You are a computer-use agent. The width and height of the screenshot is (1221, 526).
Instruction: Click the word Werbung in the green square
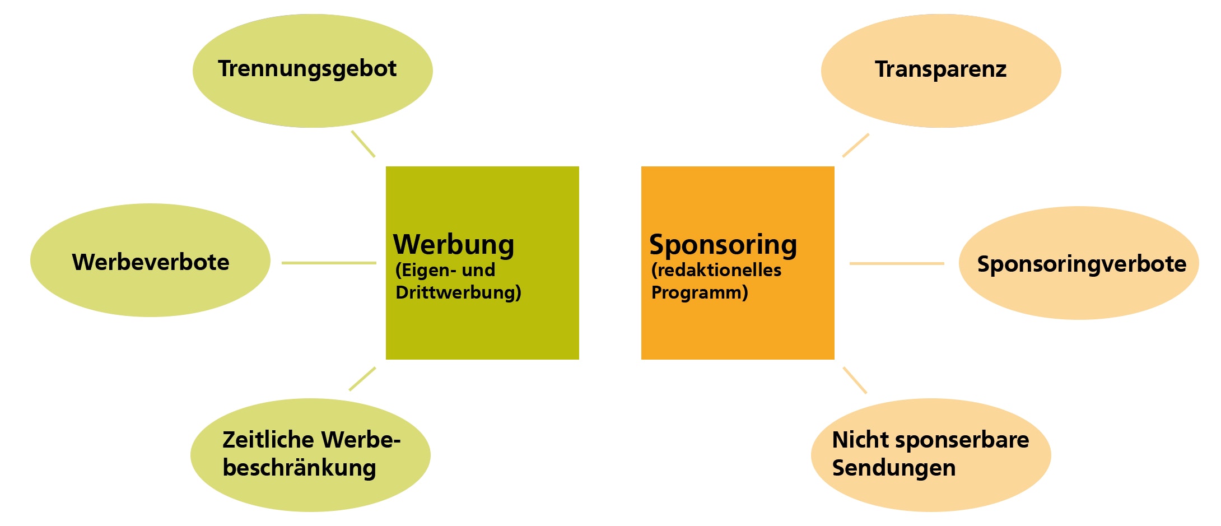(454, 244)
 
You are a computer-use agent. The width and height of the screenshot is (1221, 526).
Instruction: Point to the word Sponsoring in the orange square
(723, 245)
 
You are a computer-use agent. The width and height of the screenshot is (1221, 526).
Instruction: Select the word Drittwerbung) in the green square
(458, 292)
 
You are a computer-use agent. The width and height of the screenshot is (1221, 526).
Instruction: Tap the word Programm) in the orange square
(700, 292)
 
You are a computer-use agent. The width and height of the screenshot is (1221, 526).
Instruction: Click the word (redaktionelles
(716, 270)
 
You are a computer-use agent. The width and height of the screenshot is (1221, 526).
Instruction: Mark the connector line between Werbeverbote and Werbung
(329, 263)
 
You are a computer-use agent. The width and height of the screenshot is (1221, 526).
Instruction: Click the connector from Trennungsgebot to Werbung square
(363, 144)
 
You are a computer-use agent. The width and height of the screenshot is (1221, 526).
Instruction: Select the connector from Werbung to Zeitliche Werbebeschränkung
(362, 379)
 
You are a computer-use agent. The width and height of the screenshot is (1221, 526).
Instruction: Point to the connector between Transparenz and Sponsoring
(856, 145)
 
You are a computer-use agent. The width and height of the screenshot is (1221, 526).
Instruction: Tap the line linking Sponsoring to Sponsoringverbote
(897, 263)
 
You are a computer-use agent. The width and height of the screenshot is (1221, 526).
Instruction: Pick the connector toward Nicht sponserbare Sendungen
(855, 380)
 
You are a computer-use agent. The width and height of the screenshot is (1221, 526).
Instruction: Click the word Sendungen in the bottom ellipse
(894, 468)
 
